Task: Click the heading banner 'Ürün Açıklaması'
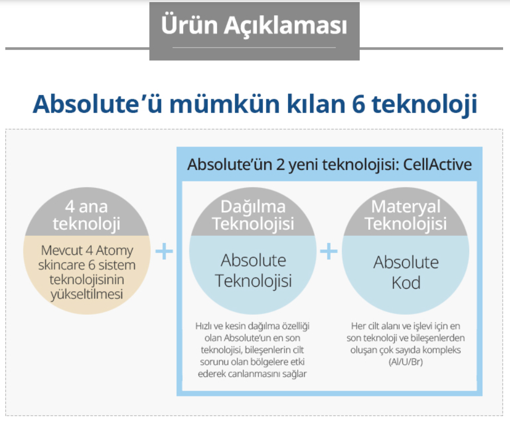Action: [x=254, y=31]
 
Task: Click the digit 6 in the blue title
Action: [x=359, y=105]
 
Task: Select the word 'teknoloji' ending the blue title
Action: [x=425, y=105]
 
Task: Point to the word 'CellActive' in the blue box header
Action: [x=437, y=165]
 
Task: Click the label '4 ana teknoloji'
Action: [x=87, y=215]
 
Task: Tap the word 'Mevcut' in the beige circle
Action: [x=62, y=251]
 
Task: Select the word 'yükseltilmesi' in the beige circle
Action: [x=87, y=295]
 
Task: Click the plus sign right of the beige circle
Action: [x=165, y=251]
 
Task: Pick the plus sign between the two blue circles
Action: [x=329, y=251]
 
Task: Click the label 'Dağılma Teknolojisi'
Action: [x=253, y=215]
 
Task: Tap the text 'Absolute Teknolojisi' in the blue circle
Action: [x=253, y=271]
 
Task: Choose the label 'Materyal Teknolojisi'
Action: [x=405, y=215]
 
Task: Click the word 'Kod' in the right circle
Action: [x=406, y=283]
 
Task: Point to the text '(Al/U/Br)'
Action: [x=405, y=362]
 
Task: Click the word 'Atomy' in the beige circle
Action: [x=115, y=251]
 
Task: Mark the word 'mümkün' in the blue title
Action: [x=224, y=105]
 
